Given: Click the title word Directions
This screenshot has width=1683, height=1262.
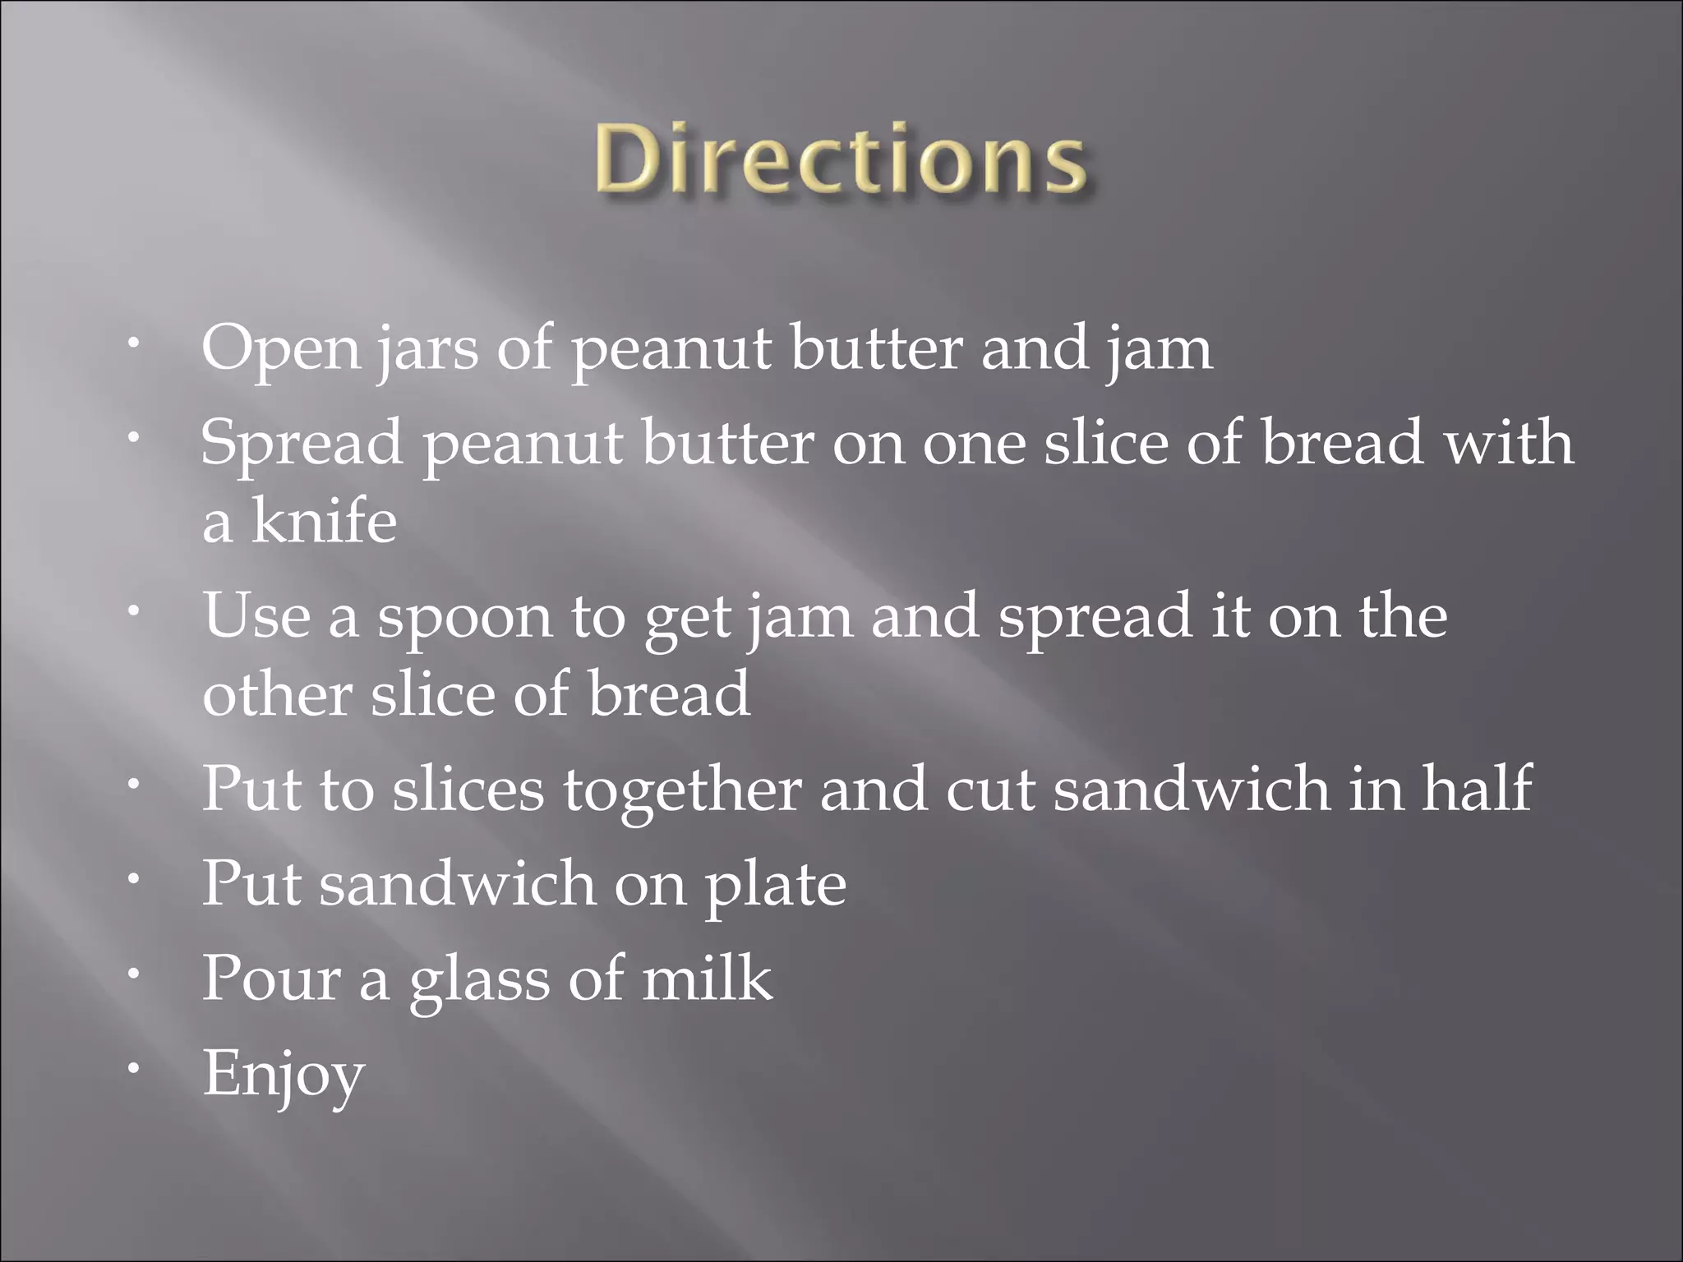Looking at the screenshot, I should coord(840,159).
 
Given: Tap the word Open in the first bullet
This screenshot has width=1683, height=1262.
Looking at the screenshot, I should coord(280,348).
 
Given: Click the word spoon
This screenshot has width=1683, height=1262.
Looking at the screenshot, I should coord(464,618).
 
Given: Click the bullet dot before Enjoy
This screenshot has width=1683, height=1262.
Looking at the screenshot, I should coord(132,1068).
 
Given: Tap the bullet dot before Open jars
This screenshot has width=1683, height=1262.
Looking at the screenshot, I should coord(132,343).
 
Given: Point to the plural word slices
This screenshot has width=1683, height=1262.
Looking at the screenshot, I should coord(468,789).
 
